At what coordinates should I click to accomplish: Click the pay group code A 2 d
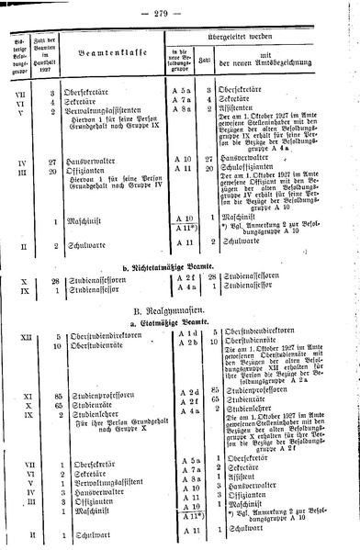[186, 391]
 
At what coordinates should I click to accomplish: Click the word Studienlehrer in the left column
[102, 413]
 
